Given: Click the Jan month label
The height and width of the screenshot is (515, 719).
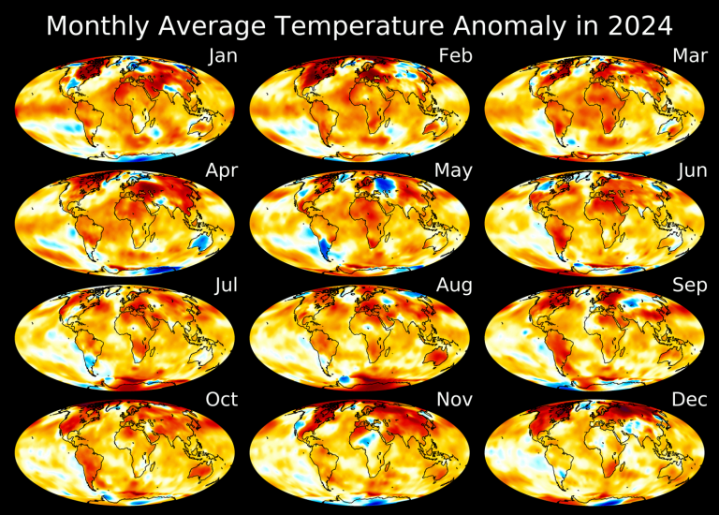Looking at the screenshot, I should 223,56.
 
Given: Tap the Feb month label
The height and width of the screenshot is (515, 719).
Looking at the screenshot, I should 455,56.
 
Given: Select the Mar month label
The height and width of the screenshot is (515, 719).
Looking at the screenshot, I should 689,56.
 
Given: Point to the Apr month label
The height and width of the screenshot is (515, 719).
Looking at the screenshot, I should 222,170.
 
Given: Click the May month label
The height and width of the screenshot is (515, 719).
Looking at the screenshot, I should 453,170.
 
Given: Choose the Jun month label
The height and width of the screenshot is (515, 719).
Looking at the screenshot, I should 689,170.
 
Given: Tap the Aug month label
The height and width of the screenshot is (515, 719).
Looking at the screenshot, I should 454,286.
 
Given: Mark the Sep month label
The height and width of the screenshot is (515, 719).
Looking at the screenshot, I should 688,286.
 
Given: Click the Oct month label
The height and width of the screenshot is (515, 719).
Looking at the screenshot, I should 222,400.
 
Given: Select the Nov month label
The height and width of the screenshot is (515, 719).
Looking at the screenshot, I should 454,400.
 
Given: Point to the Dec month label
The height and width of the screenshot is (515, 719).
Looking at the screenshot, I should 689,400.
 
